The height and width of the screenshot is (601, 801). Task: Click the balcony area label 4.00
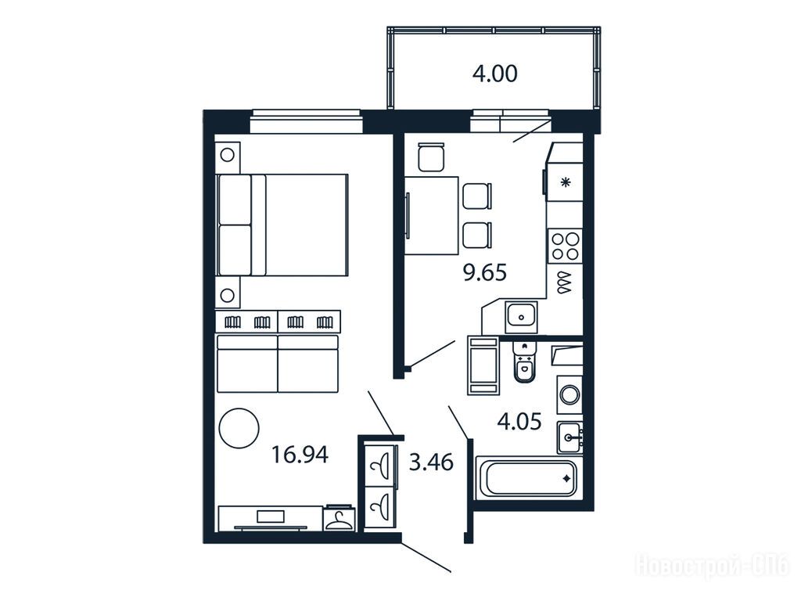tap(494, 74)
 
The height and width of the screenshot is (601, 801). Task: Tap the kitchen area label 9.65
tap(484, 273)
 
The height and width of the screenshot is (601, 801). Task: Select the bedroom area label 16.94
tap(300, 455)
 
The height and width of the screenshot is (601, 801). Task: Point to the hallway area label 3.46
tap(431, 462)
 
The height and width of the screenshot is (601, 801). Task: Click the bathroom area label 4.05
tap(519, 422)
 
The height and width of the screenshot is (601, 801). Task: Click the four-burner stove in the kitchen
tap(565, 247)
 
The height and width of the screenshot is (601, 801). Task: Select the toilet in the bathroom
tap(523, 362)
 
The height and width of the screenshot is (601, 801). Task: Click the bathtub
tap(528, 479)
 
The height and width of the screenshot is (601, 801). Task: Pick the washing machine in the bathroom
tap(569, 394)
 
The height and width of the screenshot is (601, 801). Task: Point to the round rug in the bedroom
tap(239, 428)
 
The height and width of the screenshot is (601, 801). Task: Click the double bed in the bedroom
tap(282, 225)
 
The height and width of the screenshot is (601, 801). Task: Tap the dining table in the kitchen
tap(432, 215)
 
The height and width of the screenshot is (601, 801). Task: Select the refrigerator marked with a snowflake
tap(565, 182)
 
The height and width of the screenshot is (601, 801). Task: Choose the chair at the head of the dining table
tap(431, 157)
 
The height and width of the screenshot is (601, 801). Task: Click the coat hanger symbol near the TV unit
tap(339, 520)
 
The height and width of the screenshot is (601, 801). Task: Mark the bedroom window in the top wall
tap(306, 121)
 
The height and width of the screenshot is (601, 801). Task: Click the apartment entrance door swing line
tap(426, 557)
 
